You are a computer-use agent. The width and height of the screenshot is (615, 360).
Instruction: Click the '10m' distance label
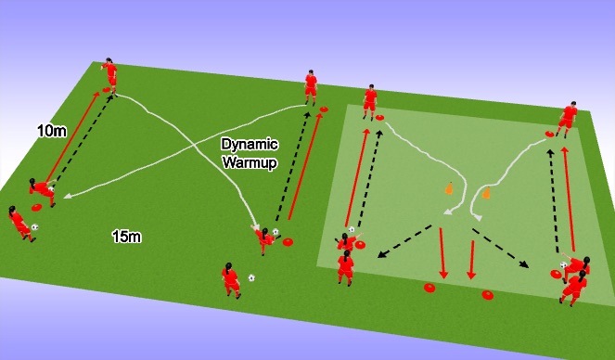pyautogui.click(x=52, y=132)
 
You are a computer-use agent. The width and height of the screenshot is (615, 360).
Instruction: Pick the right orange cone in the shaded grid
pyautogui.click(x=486, y=194)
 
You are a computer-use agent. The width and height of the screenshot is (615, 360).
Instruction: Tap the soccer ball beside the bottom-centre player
pyautogui.click(x=251, y=277)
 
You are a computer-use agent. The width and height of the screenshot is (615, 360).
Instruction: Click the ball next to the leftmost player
pyautogui.click(x=35, y=226)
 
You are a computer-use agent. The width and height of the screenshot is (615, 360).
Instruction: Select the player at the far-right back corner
pyautogui.click(x=568, y=120)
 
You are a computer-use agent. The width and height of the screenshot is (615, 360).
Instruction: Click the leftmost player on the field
pyautogui.click(x=19, y=224)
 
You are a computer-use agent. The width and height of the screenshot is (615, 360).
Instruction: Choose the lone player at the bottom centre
pyautogui.click(x=229, y=279)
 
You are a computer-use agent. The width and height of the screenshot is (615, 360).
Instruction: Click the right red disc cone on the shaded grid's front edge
pyautogui.click(x=488, y=295)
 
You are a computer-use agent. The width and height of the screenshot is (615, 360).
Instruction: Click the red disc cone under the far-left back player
pyautogui.click(x=108, y=90)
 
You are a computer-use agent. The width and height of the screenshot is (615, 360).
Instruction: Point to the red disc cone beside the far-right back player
pyautogui.click(x=550, y=135)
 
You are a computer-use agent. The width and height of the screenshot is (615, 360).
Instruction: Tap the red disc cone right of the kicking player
pyautogui.click(x=288, y=243)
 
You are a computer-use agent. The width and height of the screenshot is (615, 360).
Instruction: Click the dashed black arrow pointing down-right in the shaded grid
pyautogui.click(x=506, y=249)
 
